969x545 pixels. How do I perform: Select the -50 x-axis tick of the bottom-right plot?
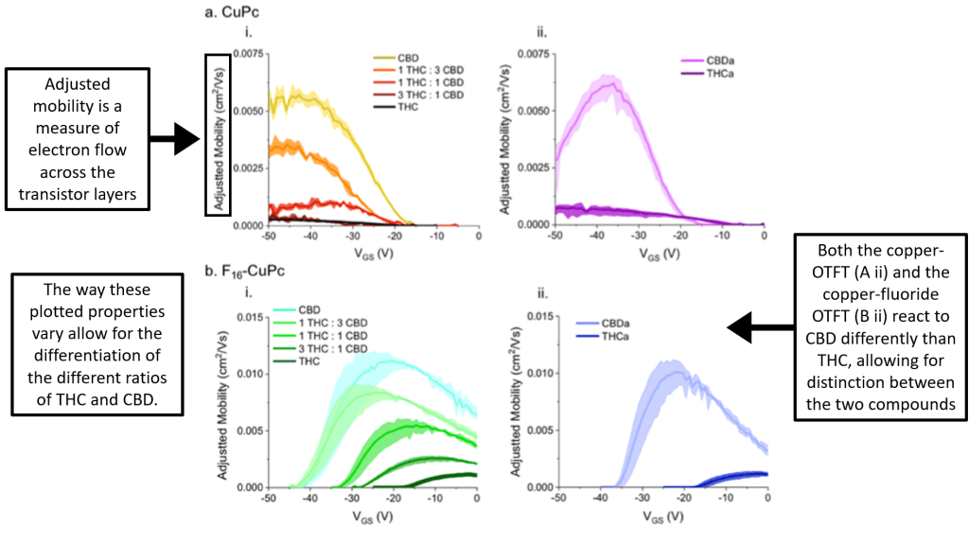558,496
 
